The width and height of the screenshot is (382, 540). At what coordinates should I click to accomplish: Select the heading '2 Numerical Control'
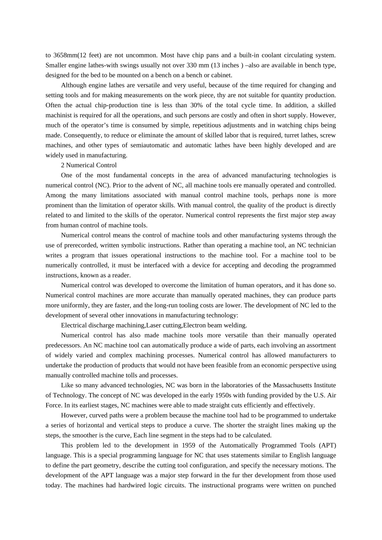88,165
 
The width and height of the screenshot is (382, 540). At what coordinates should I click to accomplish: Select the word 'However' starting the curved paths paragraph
73,415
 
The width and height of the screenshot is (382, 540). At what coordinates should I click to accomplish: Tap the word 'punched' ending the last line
325,485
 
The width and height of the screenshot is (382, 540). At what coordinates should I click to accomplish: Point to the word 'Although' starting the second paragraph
74,85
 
